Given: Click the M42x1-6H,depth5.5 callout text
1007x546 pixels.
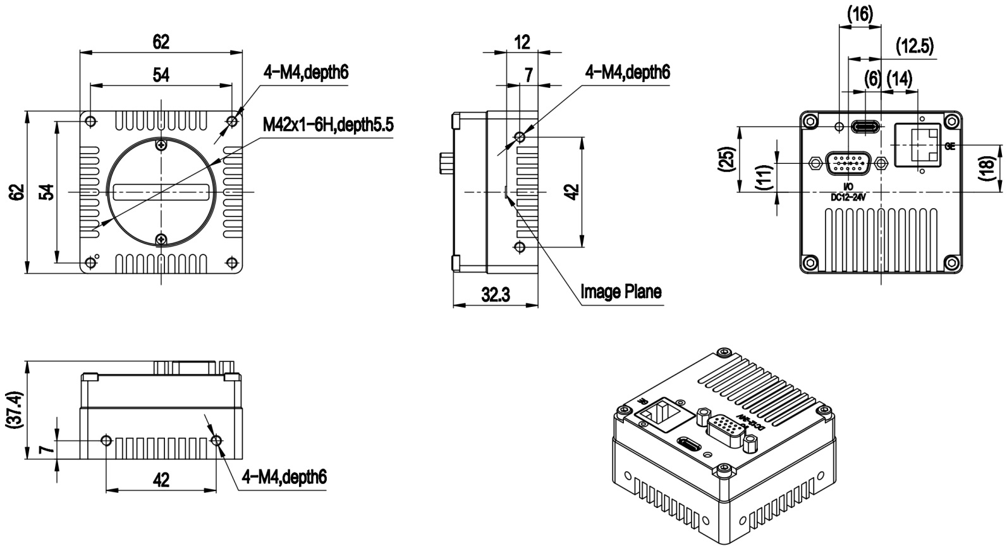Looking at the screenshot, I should coord(328,125).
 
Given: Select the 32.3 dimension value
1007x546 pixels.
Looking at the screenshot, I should coord(496,295).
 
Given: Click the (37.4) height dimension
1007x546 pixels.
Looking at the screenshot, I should coord(15,411).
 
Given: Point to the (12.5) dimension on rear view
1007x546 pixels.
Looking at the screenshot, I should coord(915,46).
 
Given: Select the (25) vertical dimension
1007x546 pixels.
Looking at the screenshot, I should coord(726,159).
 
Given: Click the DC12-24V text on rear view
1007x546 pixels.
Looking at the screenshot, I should coord(848,197).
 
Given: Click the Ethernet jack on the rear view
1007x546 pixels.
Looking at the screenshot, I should coord(919,145).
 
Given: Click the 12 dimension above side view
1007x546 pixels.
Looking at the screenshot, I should coord(522,42).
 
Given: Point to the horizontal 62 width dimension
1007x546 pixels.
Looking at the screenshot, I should coord(161,42).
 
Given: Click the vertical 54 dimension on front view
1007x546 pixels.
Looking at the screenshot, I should coord(46,192).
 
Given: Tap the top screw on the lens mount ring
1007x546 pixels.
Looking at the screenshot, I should coord(161,146).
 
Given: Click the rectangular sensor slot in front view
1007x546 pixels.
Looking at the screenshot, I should coord(161,192).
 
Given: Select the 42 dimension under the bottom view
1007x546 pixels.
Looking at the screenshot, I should coord(161,480).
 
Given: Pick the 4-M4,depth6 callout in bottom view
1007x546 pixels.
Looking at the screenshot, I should coord(284,476).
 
